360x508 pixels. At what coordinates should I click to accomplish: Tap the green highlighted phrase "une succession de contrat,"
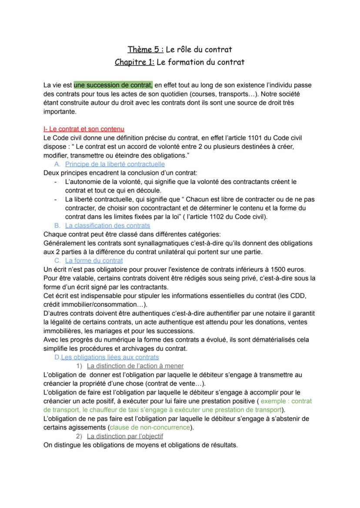[113, 85]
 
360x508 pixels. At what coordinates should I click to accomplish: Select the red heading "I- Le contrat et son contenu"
[84, 129]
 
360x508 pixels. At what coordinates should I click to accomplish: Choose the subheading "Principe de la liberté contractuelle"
[115, 164]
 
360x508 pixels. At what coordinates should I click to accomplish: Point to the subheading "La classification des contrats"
[107, 226]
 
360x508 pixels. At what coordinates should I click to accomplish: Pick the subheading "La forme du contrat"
[94, 261]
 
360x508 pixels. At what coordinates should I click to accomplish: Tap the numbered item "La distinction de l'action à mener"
[135, 366]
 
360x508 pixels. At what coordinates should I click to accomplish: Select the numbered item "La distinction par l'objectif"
[125, 436]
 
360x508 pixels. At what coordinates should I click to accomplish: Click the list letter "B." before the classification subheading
[57, 226]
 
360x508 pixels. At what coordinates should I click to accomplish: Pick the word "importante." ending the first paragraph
[60, 111]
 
